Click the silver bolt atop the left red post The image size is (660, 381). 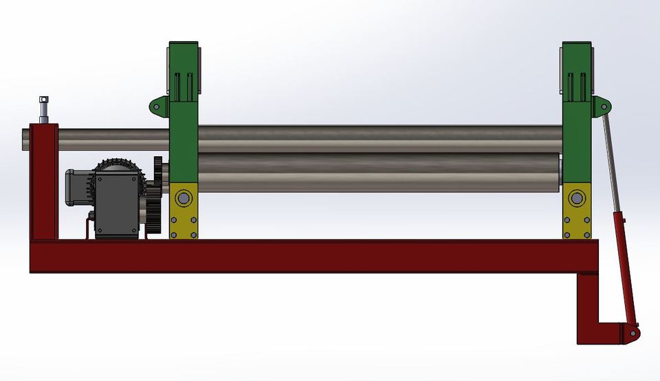tap(44, 107)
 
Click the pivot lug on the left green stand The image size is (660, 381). tap(158, 106)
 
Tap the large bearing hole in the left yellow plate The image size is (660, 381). tap(183, 199)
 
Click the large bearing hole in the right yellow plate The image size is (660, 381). tap(575, 199)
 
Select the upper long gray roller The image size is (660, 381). tap(378, 138)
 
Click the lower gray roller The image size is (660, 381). tap(378, 173)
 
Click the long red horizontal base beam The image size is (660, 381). tap(309, 256)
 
